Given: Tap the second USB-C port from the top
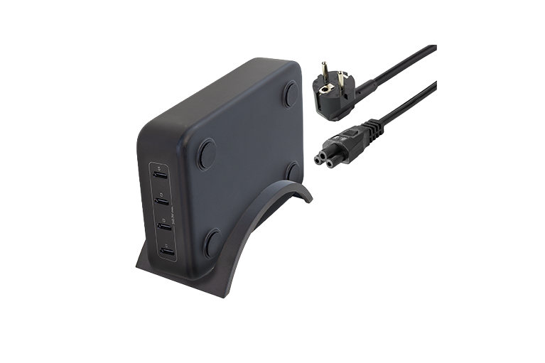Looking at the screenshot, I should (x=162, y=200).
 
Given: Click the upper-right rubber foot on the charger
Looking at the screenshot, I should (x=291, y=94).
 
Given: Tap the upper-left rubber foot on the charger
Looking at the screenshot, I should (x=206, y=153).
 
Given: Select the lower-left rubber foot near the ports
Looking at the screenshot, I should (x=212, y=242).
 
